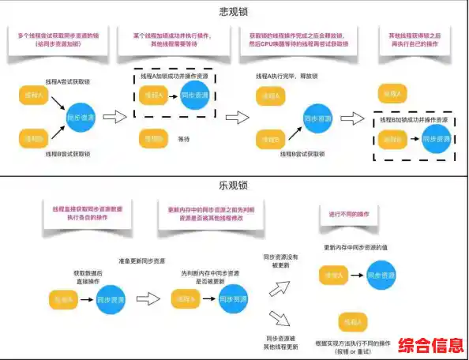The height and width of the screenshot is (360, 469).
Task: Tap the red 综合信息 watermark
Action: tap(430, 346)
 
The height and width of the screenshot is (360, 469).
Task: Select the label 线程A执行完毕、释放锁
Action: tap(285, 76)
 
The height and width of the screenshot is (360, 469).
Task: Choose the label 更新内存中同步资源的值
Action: tap(364, 248)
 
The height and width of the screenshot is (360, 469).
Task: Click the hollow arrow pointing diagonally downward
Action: tap(278, 319)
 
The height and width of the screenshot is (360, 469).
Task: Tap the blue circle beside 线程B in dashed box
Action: tap(434, 138)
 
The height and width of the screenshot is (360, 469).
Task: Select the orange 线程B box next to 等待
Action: tap(155, 139)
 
